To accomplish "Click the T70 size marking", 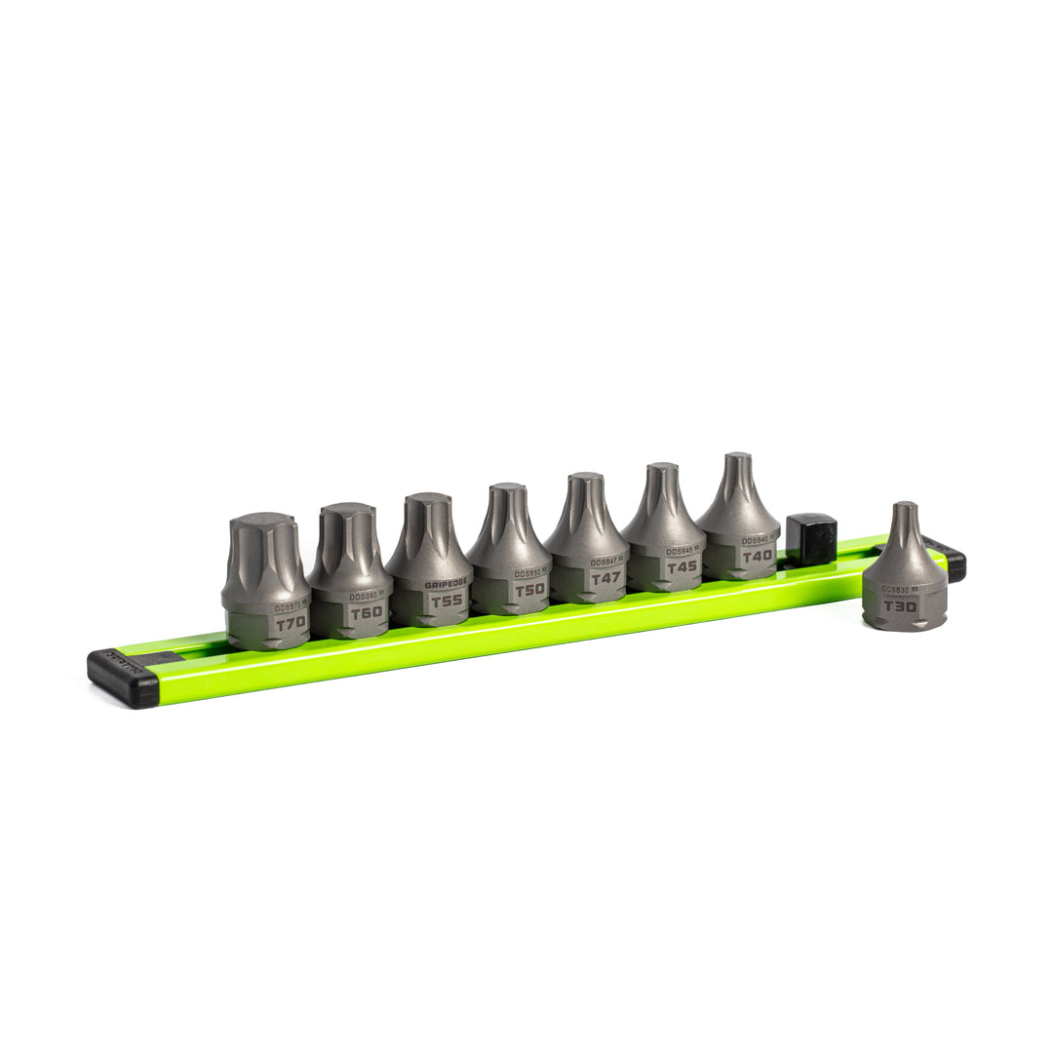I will tap(290, 621).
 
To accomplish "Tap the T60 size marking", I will tap(366, 611).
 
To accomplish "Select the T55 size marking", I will tap(447, 600).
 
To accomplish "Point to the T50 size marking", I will tap(528, 589).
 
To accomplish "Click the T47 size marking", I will tap(605, 578).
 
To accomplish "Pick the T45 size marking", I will tap(682, 566).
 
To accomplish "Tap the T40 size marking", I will tap(757, 556).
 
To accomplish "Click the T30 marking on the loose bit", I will tap(900, 605).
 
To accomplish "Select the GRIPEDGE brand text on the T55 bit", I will tap(447, 582).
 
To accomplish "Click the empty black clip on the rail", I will tap(810, 538).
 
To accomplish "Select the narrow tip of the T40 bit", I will tap(738, 461).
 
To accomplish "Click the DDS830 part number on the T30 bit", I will tap(895, 589).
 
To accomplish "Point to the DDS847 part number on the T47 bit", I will tap(604, 562).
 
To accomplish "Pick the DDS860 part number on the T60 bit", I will tap(364, 596).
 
